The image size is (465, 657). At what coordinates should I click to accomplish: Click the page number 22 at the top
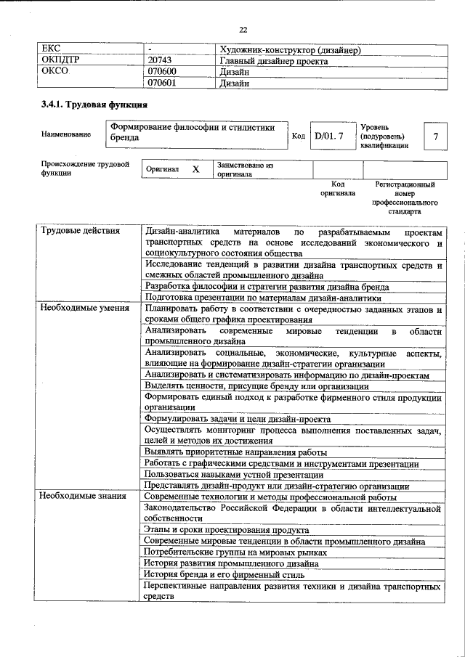[x=243, y=30]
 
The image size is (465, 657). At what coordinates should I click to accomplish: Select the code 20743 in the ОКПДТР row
[x=160, y=62]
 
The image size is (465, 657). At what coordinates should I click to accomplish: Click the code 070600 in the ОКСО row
[x=162, y=73]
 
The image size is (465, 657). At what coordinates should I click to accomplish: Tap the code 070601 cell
[x=162, y=83]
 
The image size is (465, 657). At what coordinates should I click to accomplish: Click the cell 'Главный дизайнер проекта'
[x=273, y=62]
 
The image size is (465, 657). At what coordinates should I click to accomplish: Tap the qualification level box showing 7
[x=434, y=136]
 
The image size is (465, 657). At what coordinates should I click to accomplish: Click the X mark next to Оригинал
[x=195, y=168]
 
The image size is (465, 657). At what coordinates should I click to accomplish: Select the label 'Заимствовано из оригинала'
[x=244, y=170]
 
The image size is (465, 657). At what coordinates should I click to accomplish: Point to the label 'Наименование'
[x=66, y=135]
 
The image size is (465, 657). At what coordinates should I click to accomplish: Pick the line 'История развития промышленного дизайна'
[x=230, y=563]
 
